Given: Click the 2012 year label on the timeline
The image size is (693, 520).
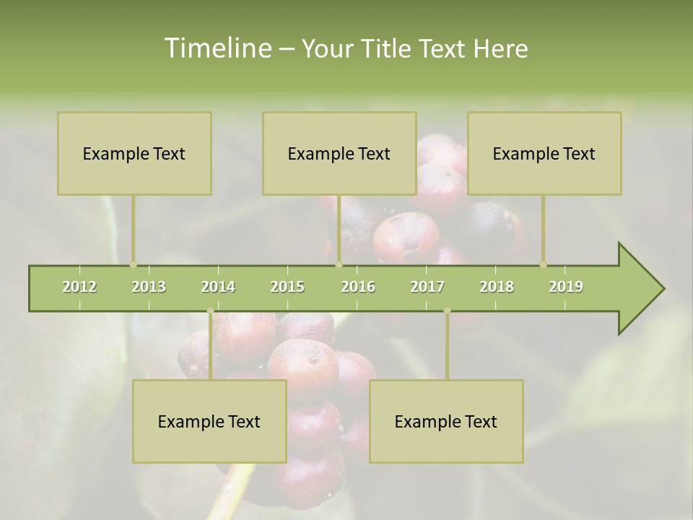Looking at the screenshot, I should coord(79,287).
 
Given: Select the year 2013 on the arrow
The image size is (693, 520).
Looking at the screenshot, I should coord(149,287).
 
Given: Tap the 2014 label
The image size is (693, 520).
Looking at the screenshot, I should coord(218,287).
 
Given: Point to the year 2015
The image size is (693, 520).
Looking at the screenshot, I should coord(287,287).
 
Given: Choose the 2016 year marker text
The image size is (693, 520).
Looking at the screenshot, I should coord(358,287).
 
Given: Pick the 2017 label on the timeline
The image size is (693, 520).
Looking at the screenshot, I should coord(427,287).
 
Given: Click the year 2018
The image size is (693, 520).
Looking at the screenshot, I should coord(497,287).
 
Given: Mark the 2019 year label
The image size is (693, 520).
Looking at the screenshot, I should coord(566,287).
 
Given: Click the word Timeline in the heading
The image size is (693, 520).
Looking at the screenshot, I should coord(217,48).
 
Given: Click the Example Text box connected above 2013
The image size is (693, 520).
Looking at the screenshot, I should coord(134,153).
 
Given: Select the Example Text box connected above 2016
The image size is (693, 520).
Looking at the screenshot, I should coord(339,153).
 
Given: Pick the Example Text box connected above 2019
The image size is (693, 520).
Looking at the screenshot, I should coord(544,153).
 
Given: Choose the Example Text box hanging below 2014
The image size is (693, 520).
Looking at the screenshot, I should coord(209,421).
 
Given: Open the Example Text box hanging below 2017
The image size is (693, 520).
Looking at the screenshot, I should coord(446,421).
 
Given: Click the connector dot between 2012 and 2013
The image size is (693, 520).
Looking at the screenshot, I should coord(134,264).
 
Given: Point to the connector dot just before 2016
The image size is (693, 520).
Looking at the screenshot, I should coord(339,264).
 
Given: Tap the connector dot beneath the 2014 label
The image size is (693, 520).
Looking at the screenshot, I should coord(210,311).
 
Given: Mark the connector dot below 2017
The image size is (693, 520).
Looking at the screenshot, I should coord(447,311).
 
